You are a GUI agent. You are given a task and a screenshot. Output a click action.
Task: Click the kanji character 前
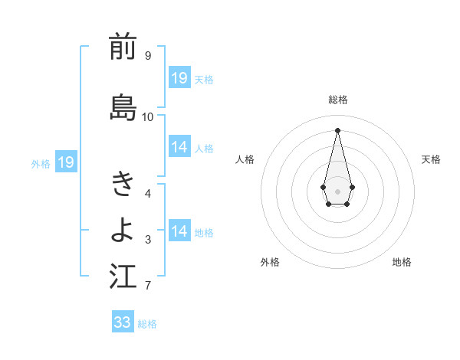point(123,47)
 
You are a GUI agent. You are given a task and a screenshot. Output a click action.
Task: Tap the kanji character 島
point(123,108)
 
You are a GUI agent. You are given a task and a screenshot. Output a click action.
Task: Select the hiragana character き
point(123,184)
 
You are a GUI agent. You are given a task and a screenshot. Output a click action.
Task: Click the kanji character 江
point(123,277)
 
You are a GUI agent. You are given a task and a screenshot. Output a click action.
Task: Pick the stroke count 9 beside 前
point(147,56)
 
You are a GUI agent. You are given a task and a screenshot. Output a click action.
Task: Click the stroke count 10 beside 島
point(147,117)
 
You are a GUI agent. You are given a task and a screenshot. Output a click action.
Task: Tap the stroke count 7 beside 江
point(147,286)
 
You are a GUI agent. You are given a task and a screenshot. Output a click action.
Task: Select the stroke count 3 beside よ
point(147,240)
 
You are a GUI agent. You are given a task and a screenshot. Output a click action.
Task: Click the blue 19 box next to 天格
point(179,78)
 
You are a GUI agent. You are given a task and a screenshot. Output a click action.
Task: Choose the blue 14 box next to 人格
point(179,147)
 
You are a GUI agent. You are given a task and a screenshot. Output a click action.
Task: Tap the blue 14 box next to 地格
point(179,231)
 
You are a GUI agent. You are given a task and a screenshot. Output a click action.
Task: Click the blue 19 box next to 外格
point(65,162)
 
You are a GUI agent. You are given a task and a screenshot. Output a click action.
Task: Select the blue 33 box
point(123,322)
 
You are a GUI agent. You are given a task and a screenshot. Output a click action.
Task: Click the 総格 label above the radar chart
point(337,100)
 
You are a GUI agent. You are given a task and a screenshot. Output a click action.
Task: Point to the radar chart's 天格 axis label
point(431,159)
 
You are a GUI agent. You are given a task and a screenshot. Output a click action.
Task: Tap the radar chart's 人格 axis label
point(245,159)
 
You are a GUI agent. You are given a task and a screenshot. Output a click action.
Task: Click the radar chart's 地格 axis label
point(402,262)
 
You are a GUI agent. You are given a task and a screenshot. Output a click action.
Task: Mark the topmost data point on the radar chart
point(337,129)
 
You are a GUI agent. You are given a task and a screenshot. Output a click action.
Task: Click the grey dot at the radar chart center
point(337,190)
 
